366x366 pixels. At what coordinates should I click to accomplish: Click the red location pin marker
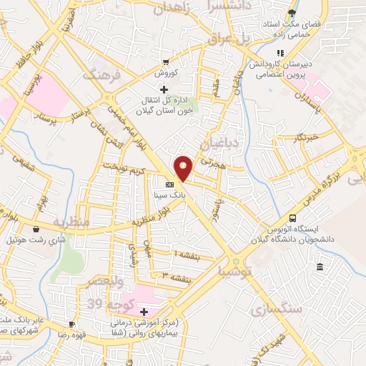184,168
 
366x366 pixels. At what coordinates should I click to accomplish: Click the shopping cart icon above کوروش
166,61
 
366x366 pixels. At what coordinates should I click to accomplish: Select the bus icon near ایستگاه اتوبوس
292,219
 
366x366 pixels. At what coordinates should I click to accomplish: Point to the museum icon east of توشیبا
319,267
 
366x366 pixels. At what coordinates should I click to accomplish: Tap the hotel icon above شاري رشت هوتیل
36,229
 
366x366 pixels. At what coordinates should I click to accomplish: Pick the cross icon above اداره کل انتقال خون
164,89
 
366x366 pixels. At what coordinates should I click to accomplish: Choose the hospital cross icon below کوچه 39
144,312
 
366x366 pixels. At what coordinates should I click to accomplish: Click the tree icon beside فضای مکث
291,13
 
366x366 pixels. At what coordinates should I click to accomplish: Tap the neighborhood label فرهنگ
99,74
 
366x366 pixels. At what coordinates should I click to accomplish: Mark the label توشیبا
255,272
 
